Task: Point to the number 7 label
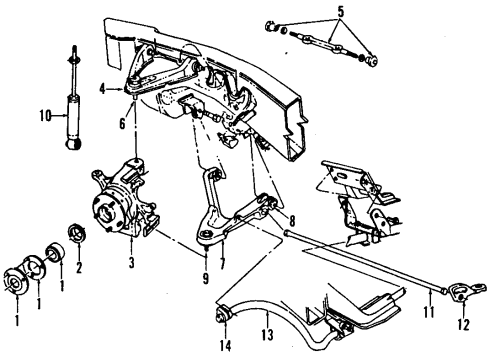point(221,265)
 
